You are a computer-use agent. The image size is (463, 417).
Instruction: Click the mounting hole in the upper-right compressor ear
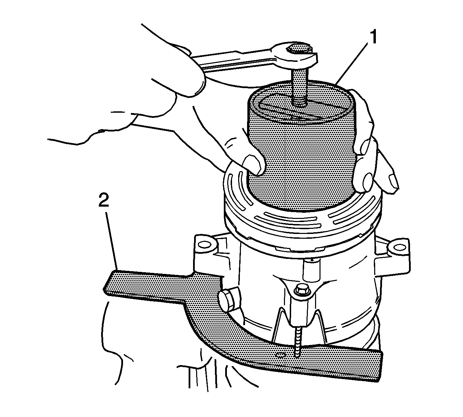pyautogui.click(x=397, y=248)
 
